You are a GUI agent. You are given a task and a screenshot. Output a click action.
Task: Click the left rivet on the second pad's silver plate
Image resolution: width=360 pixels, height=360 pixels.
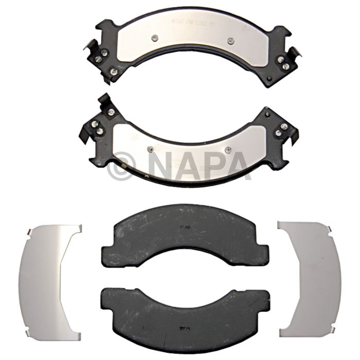coord(150,149)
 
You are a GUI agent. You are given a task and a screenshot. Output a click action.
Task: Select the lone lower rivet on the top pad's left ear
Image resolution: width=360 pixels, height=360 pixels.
coord(114,71)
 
